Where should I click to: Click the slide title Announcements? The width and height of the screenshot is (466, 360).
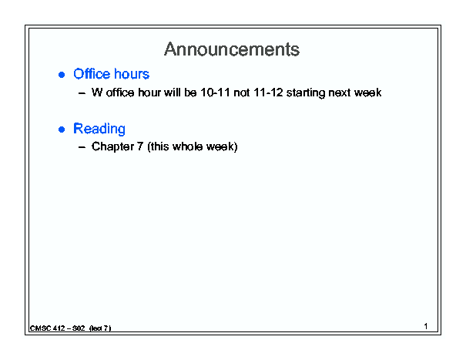(232, 49)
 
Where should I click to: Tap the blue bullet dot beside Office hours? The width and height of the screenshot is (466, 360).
(62, 75)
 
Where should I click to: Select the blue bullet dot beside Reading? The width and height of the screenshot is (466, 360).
(62, 130)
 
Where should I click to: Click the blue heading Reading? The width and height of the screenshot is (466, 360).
(99, 129)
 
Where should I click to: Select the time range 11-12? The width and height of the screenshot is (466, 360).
(268, 93)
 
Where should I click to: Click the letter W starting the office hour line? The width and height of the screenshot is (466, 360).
(97, 93)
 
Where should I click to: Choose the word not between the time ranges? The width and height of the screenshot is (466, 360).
(242, 93)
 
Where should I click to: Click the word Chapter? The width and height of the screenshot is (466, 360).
(112, 146)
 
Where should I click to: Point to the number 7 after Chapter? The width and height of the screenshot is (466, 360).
(140, 146)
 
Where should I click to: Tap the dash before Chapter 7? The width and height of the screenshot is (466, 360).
(82, 147)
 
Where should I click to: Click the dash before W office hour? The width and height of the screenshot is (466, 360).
(82, 93)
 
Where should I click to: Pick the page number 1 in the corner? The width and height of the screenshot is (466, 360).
(426, 326)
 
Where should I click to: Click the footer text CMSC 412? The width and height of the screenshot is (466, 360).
(47, 328)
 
